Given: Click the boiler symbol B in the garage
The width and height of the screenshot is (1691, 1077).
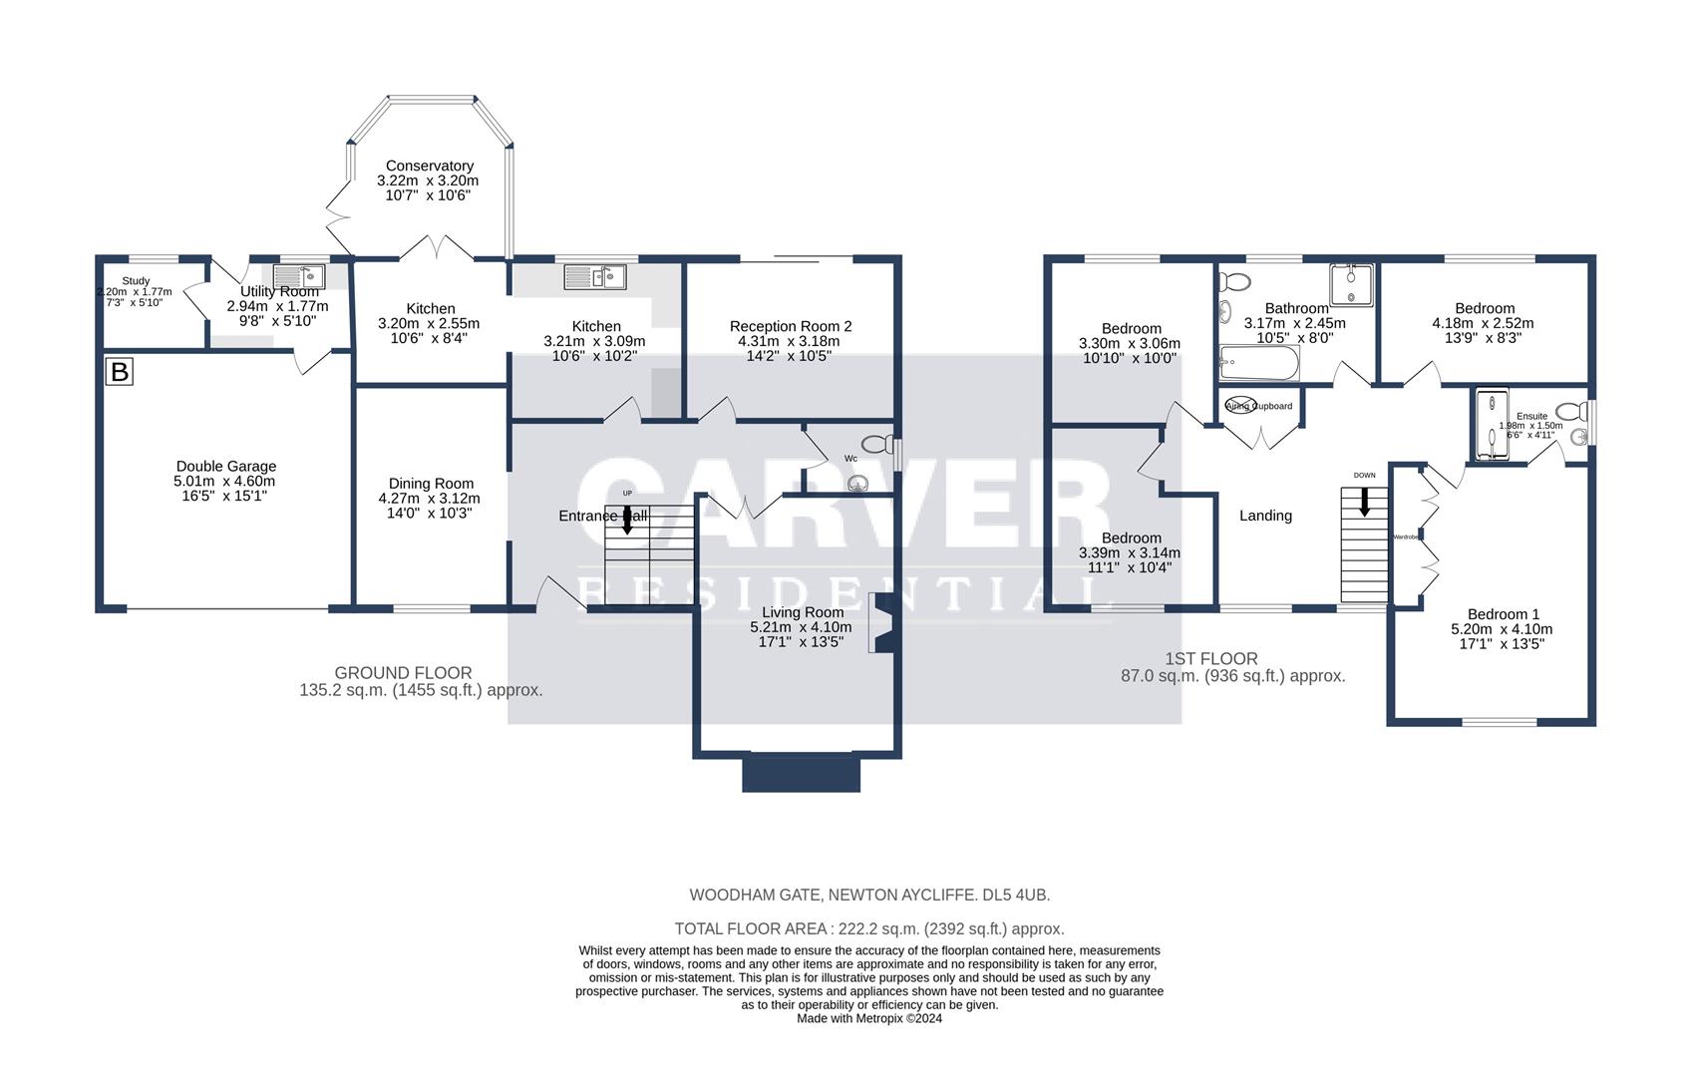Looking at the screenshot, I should click(x=120, y=373).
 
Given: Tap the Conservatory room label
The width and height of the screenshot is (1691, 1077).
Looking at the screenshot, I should click(x=429, y=167).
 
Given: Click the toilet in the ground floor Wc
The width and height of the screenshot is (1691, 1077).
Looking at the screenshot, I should click(x=877, y=444).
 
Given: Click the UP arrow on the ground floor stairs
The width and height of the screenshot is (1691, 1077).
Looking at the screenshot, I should click(x=628, y=519).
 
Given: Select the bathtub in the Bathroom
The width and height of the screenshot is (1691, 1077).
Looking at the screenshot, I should click(x=1258, y=364).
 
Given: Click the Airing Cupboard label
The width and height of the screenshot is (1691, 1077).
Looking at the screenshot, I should click(x=1258, y=406).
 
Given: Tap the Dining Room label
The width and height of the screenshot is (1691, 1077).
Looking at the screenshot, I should click(x=431, y=484).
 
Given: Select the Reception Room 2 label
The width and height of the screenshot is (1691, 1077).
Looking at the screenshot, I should click(x=791, y=326).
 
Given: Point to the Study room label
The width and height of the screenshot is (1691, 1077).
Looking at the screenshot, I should click(x=136, y=281).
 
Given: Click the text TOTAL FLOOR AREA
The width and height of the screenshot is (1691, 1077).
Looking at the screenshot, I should click(x=750, y=928).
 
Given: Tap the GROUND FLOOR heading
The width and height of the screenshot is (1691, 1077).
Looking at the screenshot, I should click(x=403, y=673).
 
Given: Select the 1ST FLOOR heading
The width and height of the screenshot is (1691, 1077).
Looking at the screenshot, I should click(x=1210, y=659).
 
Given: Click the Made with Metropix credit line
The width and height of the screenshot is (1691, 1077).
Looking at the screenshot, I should click(x=868, y=1018).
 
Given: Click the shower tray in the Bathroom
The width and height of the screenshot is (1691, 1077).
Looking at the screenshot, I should click(x=1351, y=283).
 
